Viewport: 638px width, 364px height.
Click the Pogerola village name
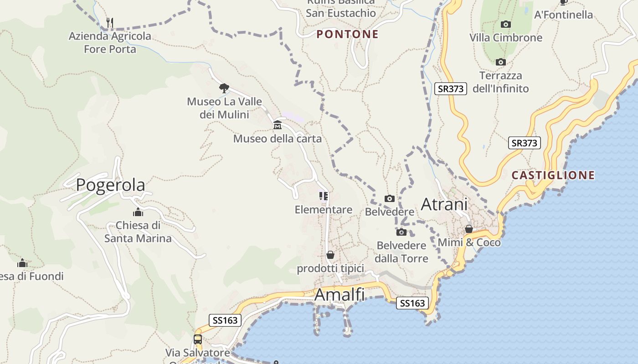point(110,185)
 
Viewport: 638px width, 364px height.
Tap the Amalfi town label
point(340,295)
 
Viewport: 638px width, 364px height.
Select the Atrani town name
point(444,205)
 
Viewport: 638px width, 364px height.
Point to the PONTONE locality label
point(348,34)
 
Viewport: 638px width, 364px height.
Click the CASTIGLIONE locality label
point(553,175)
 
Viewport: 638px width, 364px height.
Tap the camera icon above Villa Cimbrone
point(505,25)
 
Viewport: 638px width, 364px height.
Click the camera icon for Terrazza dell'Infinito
point(500,62)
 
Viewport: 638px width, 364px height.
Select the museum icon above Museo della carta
point(277,125)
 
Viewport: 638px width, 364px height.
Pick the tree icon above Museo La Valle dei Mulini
point(224,88)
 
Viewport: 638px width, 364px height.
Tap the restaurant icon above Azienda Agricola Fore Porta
point(109,22)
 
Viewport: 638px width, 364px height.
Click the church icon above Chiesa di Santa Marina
point(138,212)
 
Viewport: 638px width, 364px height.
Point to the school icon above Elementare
point(324,196)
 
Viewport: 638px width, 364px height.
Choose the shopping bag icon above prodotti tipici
point(330,255)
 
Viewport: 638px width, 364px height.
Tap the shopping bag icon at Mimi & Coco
point(468,229)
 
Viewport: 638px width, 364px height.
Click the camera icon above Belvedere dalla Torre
point(401,233)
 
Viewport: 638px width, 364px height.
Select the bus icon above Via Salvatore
point(197,339)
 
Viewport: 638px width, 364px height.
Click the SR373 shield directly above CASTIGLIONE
point(524,143)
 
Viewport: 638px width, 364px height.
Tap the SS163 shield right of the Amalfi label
point(412,303)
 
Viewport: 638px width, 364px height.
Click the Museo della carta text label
point(277,139)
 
